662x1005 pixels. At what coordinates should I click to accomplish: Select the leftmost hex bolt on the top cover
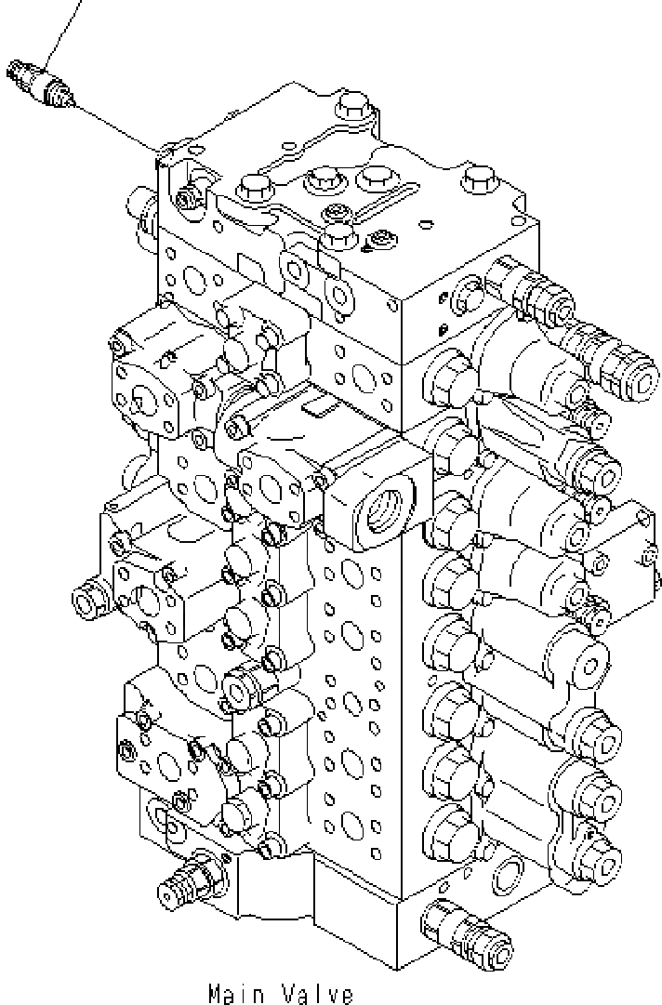(255, 191)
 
